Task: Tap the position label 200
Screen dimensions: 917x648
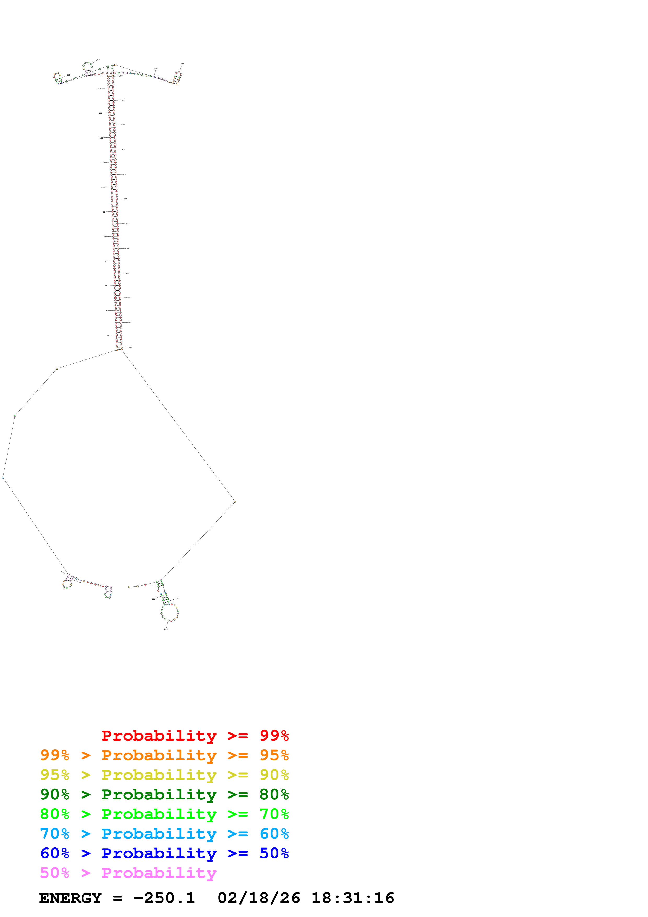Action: point(182,64)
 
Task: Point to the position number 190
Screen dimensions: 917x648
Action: point(156,69)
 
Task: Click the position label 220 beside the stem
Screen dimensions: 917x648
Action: point(122,100)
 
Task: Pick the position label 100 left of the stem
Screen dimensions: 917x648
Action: point(103,187)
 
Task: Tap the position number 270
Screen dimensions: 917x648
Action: point(126,224)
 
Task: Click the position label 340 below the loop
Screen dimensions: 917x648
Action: point(166,629)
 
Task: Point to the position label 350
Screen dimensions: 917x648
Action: point(153,599)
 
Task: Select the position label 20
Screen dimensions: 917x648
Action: point(80,583)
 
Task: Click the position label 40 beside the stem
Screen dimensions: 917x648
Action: point(107,335)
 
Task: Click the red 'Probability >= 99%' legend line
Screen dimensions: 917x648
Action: point(195,736)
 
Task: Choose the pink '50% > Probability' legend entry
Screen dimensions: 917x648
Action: point(128,873)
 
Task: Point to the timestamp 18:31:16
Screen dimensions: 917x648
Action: point(353,898)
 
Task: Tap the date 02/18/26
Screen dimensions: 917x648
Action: point(259,898)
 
